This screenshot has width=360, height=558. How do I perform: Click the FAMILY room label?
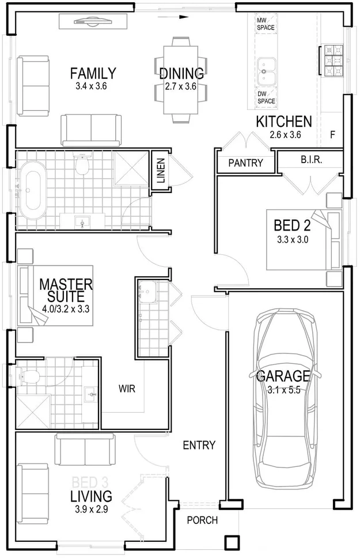93,74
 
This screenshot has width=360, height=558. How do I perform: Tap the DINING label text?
181,74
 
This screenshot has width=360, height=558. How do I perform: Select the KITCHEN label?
284,122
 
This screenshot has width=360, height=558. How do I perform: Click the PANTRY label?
245,163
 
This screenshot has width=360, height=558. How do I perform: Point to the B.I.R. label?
311,160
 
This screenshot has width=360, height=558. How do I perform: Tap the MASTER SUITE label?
66,291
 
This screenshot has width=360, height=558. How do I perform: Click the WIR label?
127,389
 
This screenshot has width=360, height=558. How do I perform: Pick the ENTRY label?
199,445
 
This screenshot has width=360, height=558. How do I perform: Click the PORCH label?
203,521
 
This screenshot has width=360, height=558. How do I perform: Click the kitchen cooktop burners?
332,61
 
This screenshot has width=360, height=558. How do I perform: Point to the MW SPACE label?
266,23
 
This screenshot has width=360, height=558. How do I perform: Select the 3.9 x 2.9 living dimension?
91,509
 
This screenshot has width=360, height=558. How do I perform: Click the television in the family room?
92,22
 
